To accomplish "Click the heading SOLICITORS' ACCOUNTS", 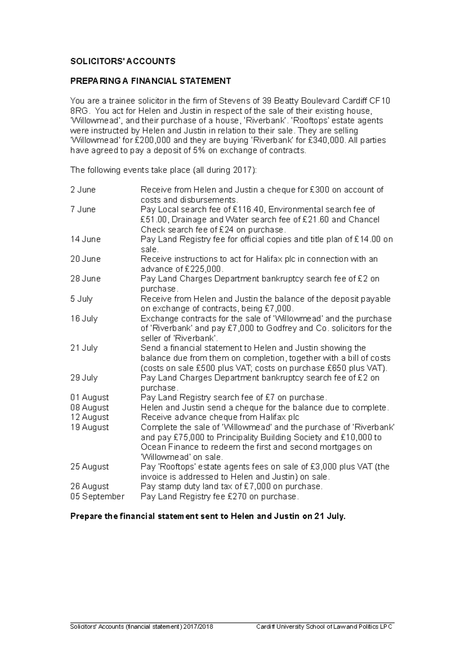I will (122, 61).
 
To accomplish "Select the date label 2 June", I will (83, 190).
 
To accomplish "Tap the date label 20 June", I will (85, 259).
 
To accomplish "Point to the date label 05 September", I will (97, 496).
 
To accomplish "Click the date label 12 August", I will (90, 417).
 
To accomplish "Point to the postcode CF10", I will (380, 101).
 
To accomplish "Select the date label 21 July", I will (84, 348).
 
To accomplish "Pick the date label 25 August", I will (90, 467).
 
